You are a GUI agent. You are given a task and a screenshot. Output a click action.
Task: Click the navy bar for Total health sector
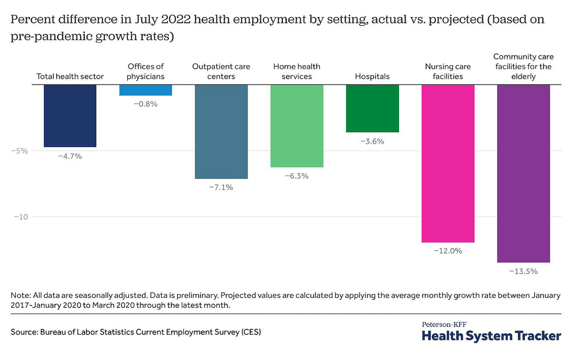pyautogui.click(x=70, y=115)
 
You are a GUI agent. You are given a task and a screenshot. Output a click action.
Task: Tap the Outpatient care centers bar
pyautogui.click(x=221, y=131)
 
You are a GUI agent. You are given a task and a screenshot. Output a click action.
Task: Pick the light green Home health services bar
pyautogui.click(x=297, y=126)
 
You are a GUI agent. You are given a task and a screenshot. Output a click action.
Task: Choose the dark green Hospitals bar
pyautogui.click(x=372, y=108)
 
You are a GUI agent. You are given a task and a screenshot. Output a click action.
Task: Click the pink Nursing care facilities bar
pyautogui.click(x=448, y=163)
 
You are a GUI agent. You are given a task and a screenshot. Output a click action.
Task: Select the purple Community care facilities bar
pyautogui.click(x=523, y=173)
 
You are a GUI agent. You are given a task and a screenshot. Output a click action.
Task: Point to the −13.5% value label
pyautogui.click(x=523, y=271)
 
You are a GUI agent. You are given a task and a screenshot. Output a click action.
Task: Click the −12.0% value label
pyautogui.click(x=448, y=251)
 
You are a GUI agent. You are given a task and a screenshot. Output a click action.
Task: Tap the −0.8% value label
pyautogui.click(x=145, y=104)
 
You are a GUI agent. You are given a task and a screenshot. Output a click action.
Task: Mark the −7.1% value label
pyautogui.click(x=221, y=187)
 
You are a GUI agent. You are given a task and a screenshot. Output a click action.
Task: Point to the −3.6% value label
pyautogui.click(x=372, y=141)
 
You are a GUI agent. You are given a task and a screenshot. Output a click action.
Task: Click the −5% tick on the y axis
pyautogui.click(x=19, y=151)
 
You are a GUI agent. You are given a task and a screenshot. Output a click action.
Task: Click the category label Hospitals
pyautogui.click(x=372, y=76)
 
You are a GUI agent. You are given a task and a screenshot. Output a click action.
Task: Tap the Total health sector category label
pyautogui.click(x=70, y=76)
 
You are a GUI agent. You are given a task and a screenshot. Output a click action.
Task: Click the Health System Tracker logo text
pyautogui.click(x=491, y=335)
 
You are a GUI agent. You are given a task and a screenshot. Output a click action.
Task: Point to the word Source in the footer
pyautogui.click(x=23, y=332)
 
